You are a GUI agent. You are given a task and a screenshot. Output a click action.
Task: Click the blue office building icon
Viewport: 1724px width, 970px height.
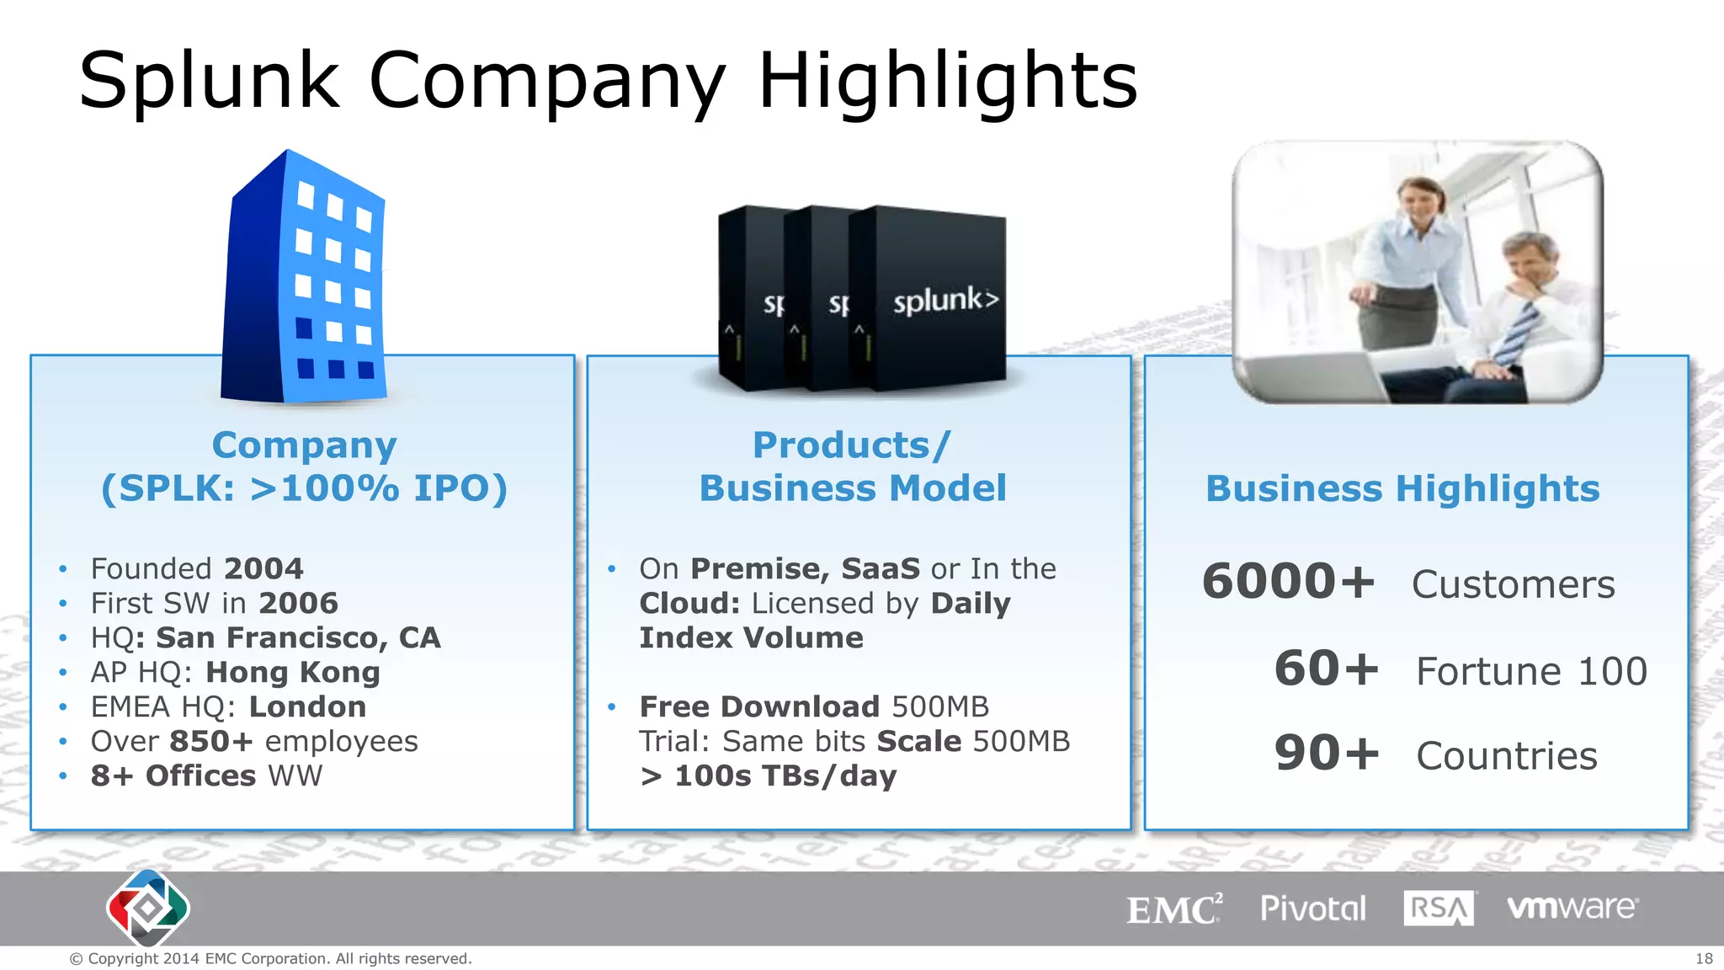pyautogui.click(x=305, y=278)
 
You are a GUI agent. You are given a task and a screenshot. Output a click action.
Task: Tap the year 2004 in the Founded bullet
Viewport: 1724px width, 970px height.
pyautogui.click(x=263, y=569)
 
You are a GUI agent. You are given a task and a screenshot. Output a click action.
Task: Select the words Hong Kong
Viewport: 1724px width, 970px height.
pyautogui.click(x=293, y=673)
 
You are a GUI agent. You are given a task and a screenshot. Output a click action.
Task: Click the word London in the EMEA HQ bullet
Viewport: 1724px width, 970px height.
pyautogui.click(x=307, y=707)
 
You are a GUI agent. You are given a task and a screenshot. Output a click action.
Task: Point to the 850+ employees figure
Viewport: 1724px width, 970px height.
pyautogui.click(x=210, y=742)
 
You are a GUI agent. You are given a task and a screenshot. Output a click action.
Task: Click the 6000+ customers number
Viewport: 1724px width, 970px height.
pyautogui.click(x=1288, y=582)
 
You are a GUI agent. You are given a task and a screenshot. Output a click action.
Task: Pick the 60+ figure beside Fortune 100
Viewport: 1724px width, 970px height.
pyautogui.click(x=1326, y=669)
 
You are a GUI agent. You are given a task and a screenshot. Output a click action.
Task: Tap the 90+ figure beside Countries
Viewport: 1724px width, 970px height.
pyautogui.click(x=1326, y=754)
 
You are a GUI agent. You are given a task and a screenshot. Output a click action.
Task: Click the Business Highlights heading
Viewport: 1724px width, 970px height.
pyautogui.click(x=1402, y=489)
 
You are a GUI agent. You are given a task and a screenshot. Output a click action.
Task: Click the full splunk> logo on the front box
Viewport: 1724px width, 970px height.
pyautogui.click(x=945, y=301)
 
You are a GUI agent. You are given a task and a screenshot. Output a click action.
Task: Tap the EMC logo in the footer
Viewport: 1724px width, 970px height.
pyautogui.click(x=1173, y=909)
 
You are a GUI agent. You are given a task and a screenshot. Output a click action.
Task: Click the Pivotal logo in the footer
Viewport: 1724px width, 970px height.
pyautogui.click(x=1312, y=909)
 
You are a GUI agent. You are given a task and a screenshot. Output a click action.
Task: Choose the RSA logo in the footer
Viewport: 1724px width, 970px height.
pyautogui.click(x=1439, y=909)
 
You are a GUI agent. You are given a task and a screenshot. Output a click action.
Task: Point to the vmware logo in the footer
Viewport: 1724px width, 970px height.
pyautogui.click(x=1572, y=908)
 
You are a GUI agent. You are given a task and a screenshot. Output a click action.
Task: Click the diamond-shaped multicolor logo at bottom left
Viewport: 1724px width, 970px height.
pyautogui.click(x=148, y=909)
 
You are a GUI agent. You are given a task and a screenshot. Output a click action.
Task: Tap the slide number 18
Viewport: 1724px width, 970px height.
pyautogui.click(x=1704, y=958)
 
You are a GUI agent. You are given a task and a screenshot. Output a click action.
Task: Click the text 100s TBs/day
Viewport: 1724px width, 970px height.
pyautogui.click(x=785, y=776)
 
